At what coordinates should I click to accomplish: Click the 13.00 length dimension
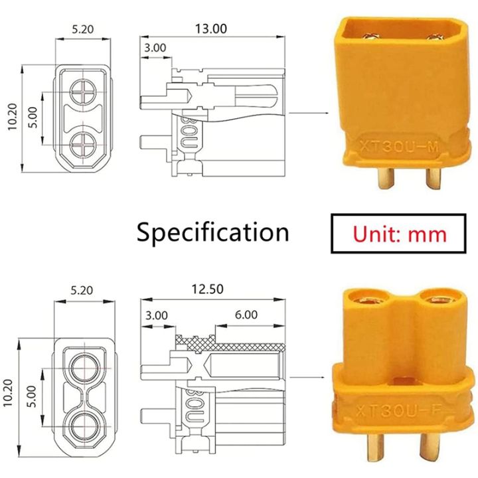click(210, 28)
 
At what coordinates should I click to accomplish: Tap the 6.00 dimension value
click(246, 315)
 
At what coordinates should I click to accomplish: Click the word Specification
click(212, 232)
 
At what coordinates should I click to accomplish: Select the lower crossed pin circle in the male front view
click(84, 142)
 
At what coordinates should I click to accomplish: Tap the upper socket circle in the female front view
click(84, 366)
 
